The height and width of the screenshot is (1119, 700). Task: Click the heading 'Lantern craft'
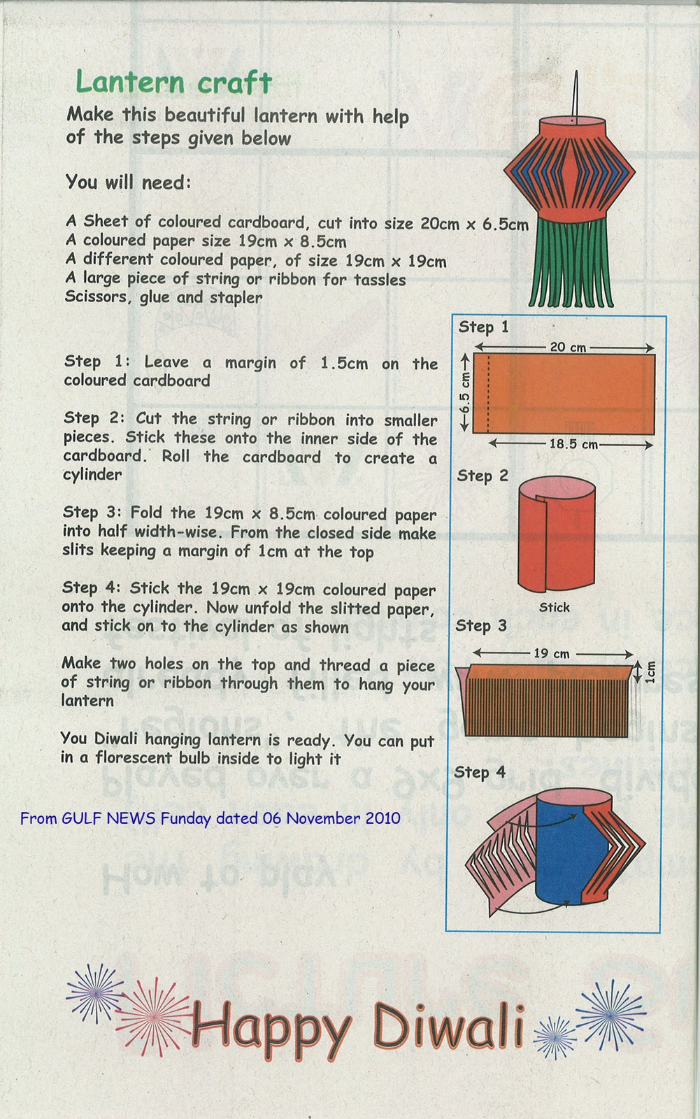click(173, 83)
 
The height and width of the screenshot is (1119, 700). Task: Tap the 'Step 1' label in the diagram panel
click(483, 327)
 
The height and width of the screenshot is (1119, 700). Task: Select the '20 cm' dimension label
click(568, 347)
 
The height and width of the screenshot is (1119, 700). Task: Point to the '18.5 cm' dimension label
click(573, 444)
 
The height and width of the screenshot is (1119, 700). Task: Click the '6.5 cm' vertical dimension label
click(465, 393)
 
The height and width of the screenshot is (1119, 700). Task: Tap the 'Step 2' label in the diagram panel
click(483, 476)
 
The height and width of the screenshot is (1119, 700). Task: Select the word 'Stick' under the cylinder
click(555, 607)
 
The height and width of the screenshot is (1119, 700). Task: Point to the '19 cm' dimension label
click(552, 653)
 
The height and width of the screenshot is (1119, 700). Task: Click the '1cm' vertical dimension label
click(651, 672)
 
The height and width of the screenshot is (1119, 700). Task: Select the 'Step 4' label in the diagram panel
click(480, 772)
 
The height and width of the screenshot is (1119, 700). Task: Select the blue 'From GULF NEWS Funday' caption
click(210, 818)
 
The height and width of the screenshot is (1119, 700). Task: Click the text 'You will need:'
click(128, 183)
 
